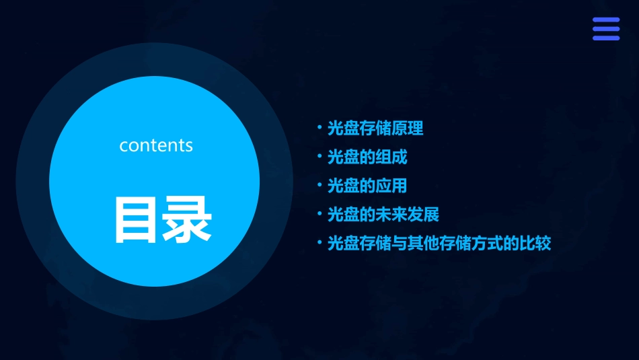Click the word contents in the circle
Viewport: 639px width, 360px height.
156,145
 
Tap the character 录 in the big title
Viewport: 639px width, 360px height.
186,219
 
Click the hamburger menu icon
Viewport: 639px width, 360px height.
606,29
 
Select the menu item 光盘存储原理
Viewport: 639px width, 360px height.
375,128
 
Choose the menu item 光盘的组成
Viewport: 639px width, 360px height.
367,157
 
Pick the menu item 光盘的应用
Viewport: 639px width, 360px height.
367,186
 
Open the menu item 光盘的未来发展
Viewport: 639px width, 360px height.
383,215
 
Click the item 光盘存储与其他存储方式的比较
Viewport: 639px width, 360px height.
439,244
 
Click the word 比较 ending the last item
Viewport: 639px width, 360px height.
535,244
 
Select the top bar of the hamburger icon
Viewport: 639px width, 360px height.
606,20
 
